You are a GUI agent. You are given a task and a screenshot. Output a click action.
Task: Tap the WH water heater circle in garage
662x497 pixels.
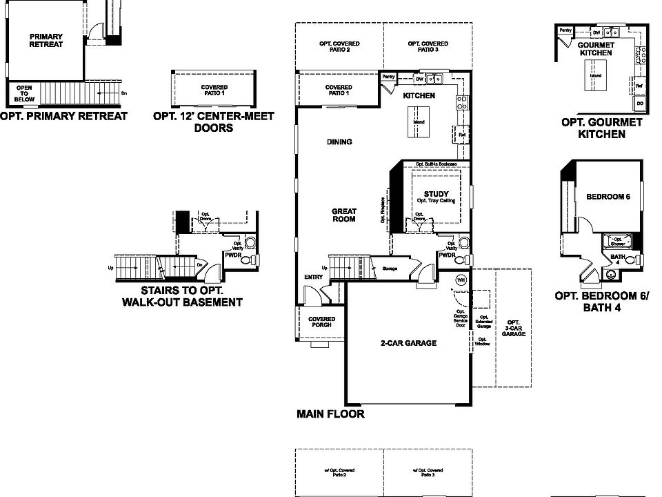point(461,280)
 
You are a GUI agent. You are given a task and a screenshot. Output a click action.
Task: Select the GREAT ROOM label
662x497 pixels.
point(343,215)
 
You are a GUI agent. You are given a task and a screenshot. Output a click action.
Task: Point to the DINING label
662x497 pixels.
point(339,142)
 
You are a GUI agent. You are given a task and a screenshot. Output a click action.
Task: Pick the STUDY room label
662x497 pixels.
point(437,195)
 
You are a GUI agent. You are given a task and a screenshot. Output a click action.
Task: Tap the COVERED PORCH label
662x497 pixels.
point(321,322)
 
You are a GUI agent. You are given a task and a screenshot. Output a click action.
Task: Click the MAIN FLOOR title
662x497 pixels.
point(330,414)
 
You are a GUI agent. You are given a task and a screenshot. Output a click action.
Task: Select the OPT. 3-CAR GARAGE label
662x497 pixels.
point(514,329)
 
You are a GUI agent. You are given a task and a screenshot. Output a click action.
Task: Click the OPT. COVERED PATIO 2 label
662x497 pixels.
point(339,47)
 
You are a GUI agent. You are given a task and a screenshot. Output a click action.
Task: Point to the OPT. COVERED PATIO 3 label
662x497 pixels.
point(428,47)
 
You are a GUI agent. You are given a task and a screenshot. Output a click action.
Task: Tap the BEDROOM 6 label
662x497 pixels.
point(608,197)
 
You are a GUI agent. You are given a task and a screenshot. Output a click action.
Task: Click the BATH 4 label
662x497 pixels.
point(618,260)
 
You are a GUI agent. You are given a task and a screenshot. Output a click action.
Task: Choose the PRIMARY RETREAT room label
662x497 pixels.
point(46,40)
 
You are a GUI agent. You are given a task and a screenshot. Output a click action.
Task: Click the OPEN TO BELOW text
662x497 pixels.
point(24,93)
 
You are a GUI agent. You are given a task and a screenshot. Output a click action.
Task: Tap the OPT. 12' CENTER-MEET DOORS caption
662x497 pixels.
point(214,121)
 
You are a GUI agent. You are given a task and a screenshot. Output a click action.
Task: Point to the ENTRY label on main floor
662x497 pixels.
point(313,277)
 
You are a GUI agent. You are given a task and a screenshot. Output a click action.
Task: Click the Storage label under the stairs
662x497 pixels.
point(390,268)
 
